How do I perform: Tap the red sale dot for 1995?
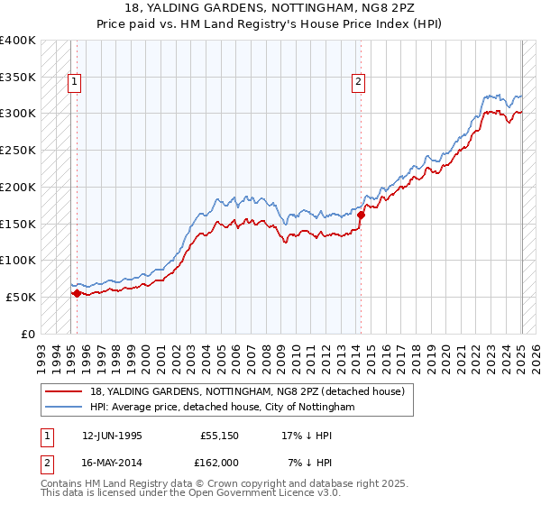[77, 292]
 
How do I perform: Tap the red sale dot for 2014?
[361, 215]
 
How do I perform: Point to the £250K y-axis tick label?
[18, 150]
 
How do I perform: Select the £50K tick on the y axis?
[21, 297]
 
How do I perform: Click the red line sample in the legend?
[65, 391]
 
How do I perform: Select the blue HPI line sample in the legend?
[65, 407]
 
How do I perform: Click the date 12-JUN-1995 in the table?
[112, 436]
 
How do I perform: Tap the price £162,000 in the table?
[218, 462]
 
